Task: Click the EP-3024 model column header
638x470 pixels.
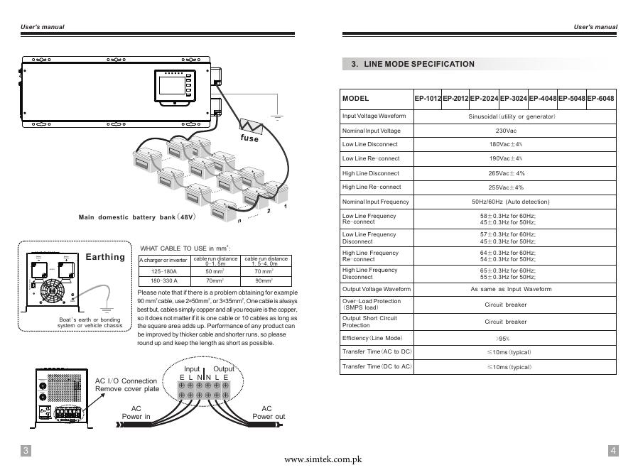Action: (513, 99)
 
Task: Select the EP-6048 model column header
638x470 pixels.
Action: (600, 99)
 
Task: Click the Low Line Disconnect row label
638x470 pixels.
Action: (370, 145)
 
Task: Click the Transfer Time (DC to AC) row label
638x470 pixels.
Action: (377, 366)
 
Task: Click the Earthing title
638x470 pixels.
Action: (105, 257)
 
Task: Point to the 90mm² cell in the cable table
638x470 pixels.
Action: (264, 281)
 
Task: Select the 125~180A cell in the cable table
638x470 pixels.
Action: (163, 272)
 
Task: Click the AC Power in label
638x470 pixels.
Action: (136, 412)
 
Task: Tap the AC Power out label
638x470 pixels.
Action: (267, 412)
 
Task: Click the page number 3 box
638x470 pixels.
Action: (26, 451)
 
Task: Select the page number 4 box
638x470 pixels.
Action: (613, 451)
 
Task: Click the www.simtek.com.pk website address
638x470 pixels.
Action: (323, 460)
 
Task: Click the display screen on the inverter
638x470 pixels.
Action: (172, 84)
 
